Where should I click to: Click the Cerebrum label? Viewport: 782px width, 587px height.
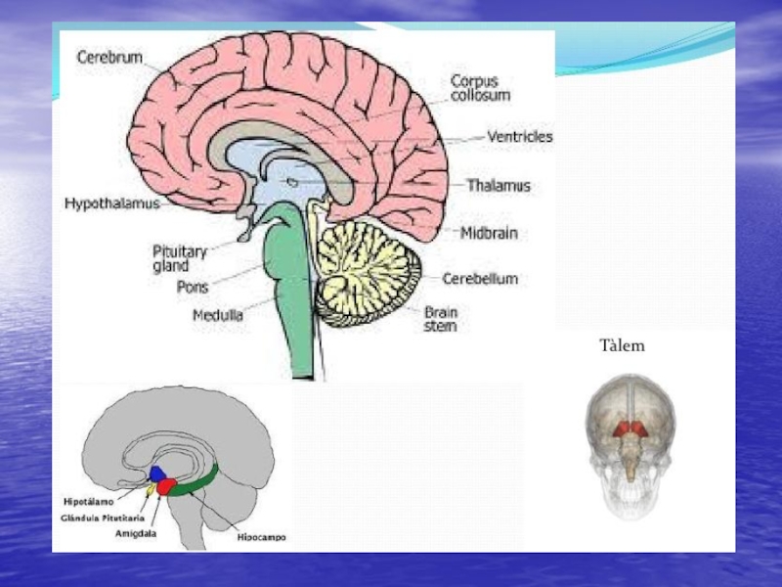(109, 58)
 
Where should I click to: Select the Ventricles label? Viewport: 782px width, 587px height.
(520, 138)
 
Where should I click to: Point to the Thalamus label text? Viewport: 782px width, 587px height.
(499, 185)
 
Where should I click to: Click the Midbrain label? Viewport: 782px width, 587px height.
(490, 234)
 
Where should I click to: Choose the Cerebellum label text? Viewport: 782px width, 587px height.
(479, 279)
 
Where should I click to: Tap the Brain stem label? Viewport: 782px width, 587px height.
(439, 319)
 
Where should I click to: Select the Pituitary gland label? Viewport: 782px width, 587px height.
(179, 257)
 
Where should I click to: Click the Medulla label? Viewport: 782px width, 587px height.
(218, 315)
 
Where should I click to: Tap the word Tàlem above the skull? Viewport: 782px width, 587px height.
(623, 345)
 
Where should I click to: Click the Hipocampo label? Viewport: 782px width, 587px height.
(261, 537)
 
